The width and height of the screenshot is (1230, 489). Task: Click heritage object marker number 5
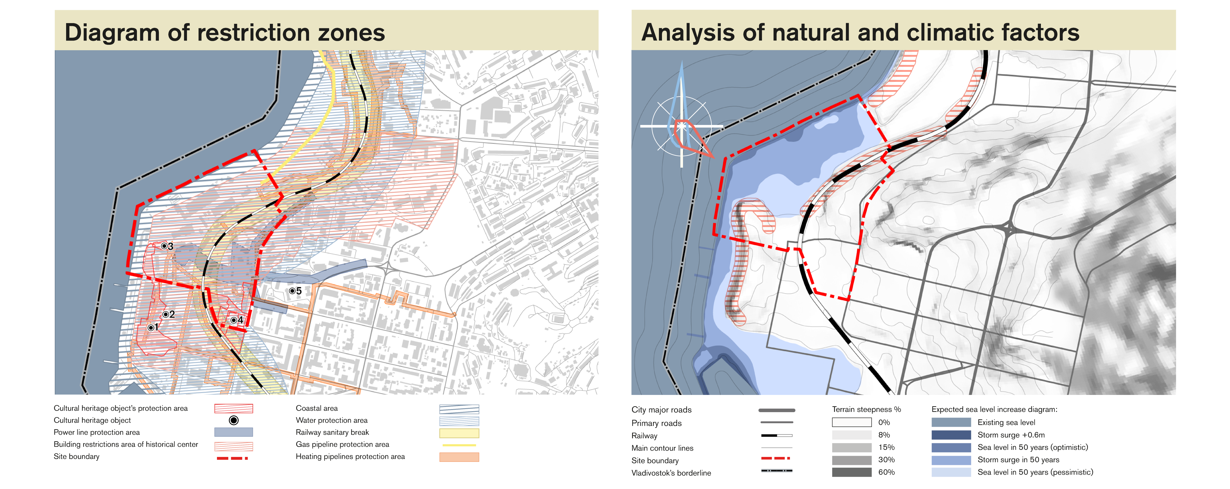click(292, 290)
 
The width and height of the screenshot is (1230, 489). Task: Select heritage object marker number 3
click(164, 246)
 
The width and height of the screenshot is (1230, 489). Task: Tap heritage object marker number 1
click(151, 327)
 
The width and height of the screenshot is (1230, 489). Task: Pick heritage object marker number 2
click(165, 314)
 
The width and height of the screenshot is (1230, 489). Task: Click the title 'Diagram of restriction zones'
click(225, 33)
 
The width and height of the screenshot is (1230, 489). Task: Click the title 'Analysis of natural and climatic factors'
click(860, 33)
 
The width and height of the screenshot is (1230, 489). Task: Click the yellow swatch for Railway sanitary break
click(459, 433)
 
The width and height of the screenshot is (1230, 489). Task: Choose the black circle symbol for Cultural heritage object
click(233, 420)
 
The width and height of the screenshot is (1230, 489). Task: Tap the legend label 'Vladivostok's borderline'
click(671, 473)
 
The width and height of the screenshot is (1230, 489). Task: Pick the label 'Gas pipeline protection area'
click(342, 444)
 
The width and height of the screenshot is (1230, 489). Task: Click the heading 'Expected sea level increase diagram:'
click(994, 409)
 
